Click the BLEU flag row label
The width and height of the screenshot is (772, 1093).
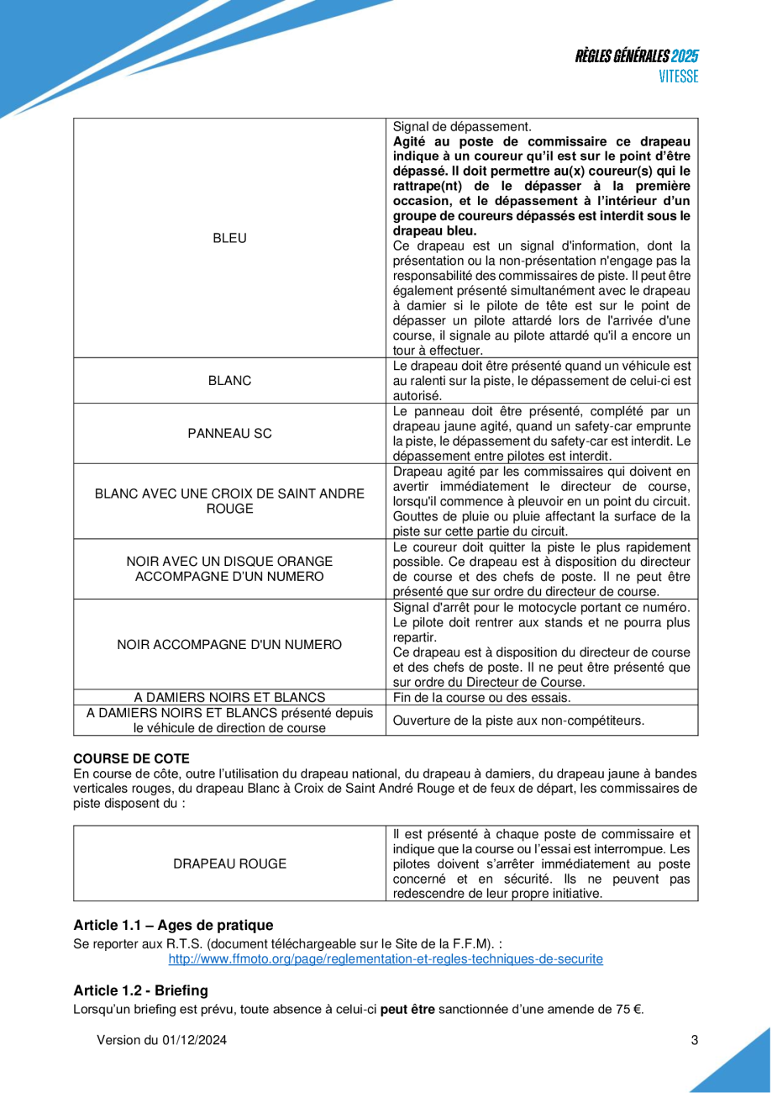(229, 238)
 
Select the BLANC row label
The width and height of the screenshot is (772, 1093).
(229, 381)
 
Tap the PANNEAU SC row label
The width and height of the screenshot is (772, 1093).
(229, 434)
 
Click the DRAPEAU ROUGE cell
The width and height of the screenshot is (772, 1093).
(229, 863)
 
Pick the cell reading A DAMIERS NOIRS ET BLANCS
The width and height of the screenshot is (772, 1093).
(229, 697)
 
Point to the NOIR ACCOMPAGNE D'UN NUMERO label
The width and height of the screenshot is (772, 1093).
(229, 645)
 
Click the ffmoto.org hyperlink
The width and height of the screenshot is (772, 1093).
(386, 958)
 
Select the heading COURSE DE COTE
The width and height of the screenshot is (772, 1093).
(131, 758)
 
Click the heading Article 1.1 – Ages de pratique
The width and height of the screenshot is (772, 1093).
(173, 925)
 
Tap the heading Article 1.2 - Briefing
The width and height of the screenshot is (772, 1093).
(140, 990)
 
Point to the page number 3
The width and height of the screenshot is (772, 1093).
(694, 1040)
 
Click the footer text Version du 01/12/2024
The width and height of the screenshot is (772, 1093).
(161, 1040)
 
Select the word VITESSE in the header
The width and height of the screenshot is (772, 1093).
(678, 77)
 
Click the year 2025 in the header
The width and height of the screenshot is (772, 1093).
(685, 56)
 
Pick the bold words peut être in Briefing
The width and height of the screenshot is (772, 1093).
(407, 1009)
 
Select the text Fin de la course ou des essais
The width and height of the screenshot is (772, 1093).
(482, 697)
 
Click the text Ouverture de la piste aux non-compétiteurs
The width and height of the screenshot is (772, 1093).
(519, 720)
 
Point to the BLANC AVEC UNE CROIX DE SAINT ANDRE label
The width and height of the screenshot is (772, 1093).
(229, 493)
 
